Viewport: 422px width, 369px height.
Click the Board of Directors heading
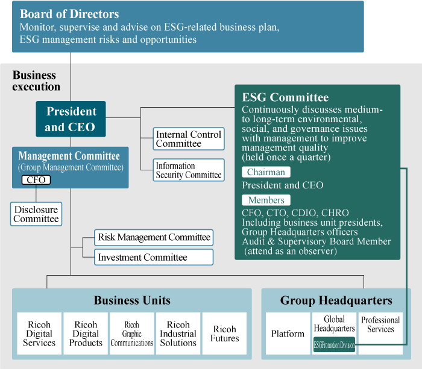[x=69, y=14]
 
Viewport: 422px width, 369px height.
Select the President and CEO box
[x=71, y=119]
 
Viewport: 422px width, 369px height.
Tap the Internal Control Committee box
[x=189, y=139]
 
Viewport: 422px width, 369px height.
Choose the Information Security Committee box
[x=189, y=170]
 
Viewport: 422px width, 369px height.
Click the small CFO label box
[x=36, y=180]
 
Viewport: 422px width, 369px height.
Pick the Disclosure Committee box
[x=36, y=214]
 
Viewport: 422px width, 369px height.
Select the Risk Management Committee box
[x=154, y=237]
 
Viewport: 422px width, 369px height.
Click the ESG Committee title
[x=285, y=98]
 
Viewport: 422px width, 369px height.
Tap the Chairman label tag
[x=266, y=172]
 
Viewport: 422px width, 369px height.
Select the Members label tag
[x=266, y=200]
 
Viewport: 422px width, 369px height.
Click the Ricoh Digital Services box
[x=39, y=333]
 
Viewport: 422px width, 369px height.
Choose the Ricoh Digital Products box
[x=86, y=333]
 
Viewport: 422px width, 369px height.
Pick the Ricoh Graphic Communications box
[x=132, y=333]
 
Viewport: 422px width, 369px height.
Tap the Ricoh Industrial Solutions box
[x=178, y=333]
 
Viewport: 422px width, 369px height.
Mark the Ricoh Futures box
[x=224, y=333]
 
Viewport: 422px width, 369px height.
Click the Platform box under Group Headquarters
[x=288, y=333]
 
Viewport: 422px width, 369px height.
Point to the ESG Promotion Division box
[x=334, y=346]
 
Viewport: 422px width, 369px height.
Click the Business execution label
[x=36, y=81]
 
